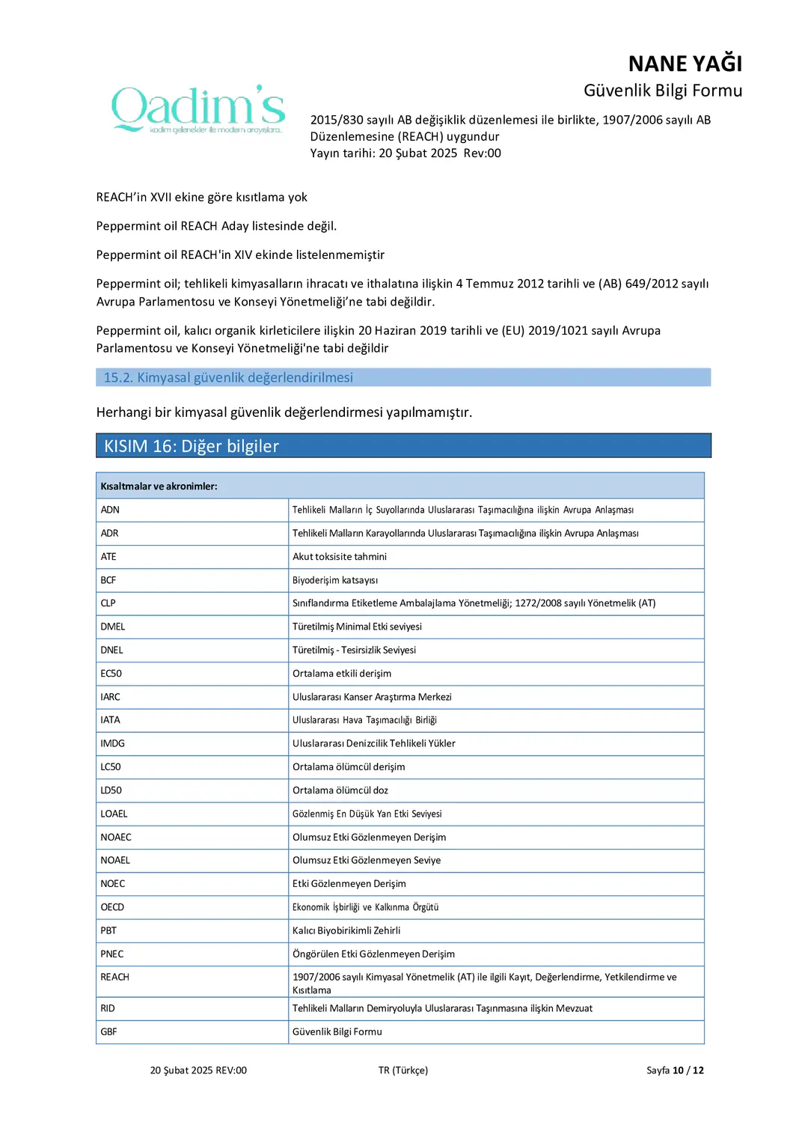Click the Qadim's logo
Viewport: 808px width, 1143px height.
coord(198,109)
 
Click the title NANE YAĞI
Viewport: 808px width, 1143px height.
coord(685,64)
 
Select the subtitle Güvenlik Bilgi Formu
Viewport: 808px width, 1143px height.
coord(662,91)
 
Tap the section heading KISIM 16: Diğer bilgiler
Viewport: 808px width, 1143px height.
coord(192,446)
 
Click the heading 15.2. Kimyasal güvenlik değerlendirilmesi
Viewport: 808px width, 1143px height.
coord(228,377)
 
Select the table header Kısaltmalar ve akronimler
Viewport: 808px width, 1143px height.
coord(159,487)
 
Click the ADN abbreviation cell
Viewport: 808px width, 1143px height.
coord(110,510)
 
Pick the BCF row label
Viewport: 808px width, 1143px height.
coord(108,580)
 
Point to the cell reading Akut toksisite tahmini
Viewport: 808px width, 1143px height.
coord(340,557)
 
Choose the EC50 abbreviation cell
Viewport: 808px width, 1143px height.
coord(111,674)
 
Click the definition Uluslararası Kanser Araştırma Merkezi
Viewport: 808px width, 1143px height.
coord(372,697)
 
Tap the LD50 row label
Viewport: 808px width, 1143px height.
coord(111,790)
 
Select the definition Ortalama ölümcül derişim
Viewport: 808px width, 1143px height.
coord(349,767)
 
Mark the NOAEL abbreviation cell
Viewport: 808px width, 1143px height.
coord(115,861)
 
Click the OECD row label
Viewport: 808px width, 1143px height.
coord(112,907)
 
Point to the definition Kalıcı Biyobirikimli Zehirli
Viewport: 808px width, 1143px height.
coord(346,930)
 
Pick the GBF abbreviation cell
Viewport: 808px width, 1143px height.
coord(108,1031)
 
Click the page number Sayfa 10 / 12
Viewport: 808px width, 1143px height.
coord(675,1070)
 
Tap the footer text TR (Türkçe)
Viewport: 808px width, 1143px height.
coord(403,1070)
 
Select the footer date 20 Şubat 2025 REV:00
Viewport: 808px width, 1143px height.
coord(198,1070)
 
